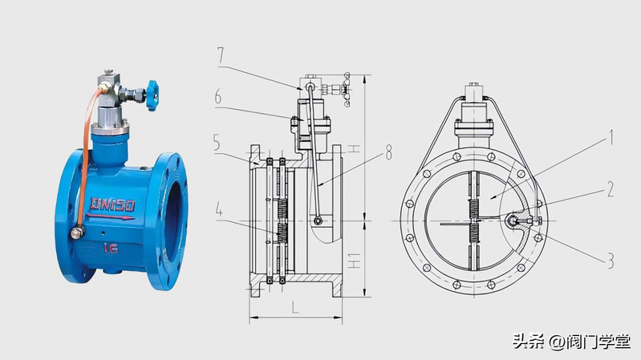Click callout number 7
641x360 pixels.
point(221,55)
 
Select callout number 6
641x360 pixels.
point(218,97)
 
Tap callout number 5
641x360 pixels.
point(217,143)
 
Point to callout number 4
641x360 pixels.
point(219,210)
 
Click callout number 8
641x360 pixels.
point(388,152)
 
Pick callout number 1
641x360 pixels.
point(611,138)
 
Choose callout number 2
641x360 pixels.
point(610,189)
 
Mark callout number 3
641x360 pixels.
point(611,261)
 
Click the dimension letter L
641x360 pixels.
point(294,307)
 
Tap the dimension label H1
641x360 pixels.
point(354,261)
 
